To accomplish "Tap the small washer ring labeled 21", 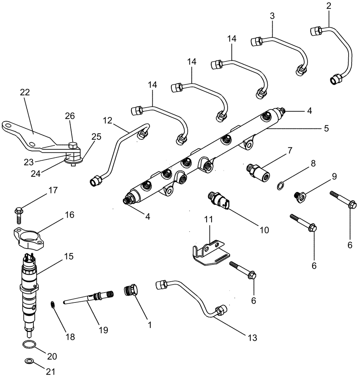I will tap(28, 361).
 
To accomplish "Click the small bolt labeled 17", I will tap(19, 213).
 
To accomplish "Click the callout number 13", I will tap(253, 337).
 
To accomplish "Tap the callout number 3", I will tap(272, 16).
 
